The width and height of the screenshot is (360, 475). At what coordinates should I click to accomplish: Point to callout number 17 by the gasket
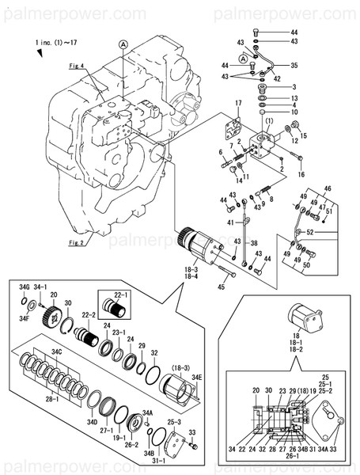237,104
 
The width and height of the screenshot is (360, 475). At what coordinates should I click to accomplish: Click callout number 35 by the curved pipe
294,66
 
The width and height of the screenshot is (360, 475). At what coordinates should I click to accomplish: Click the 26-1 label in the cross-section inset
292,456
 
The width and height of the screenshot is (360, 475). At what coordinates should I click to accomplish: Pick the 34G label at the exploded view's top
25,287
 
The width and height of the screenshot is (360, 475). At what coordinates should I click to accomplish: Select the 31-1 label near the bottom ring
157,461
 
